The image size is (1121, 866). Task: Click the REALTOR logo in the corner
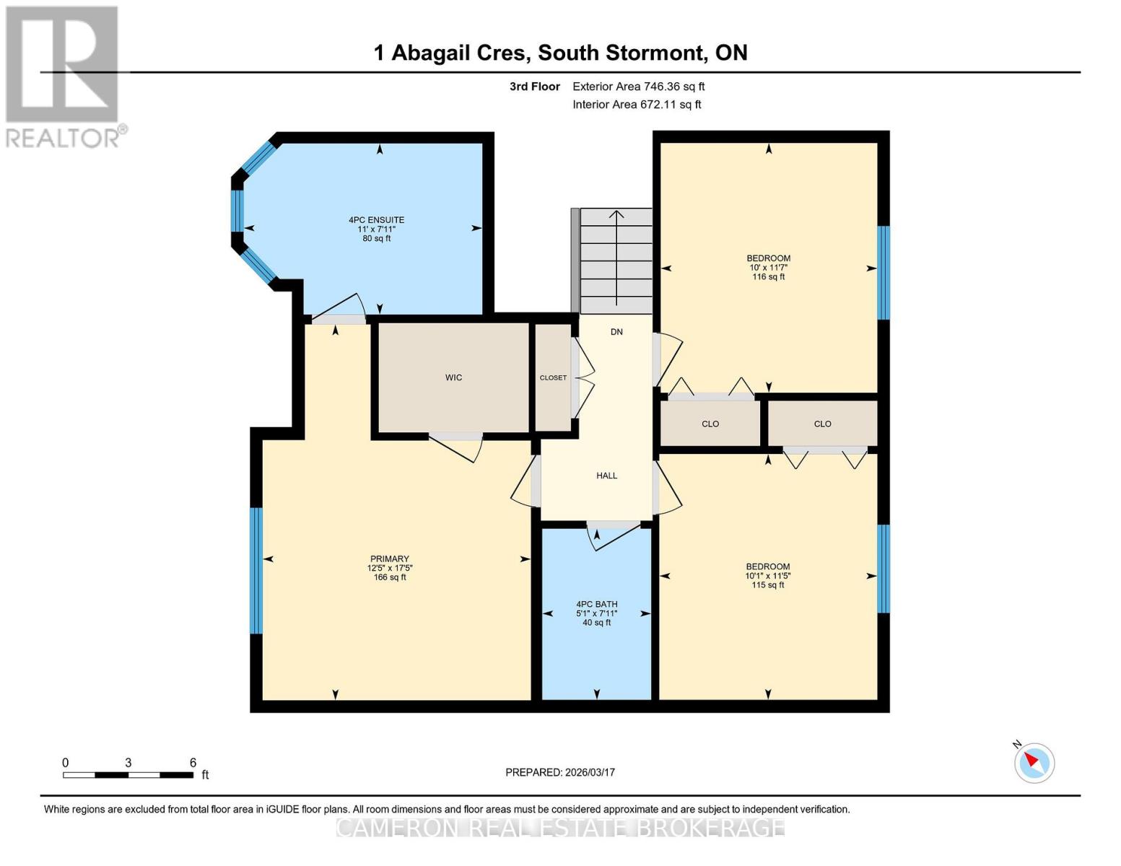[64, 76]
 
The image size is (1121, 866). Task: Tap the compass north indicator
[1034, 762]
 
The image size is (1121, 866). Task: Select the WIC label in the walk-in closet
[453, 377]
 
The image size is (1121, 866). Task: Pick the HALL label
[606, 476]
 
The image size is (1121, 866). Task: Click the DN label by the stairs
[616, 332]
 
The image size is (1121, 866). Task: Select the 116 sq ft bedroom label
[768, 267]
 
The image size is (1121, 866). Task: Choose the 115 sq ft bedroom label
[767, 575]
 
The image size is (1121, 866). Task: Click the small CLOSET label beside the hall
[553, 377]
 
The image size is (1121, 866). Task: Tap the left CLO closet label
[710, 424]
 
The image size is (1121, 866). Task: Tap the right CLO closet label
[822, 424]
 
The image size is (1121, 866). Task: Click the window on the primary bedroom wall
[256, 570]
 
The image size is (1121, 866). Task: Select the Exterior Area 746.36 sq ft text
[638, 87]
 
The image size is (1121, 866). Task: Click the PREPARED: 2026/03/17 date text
[560, 772]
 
